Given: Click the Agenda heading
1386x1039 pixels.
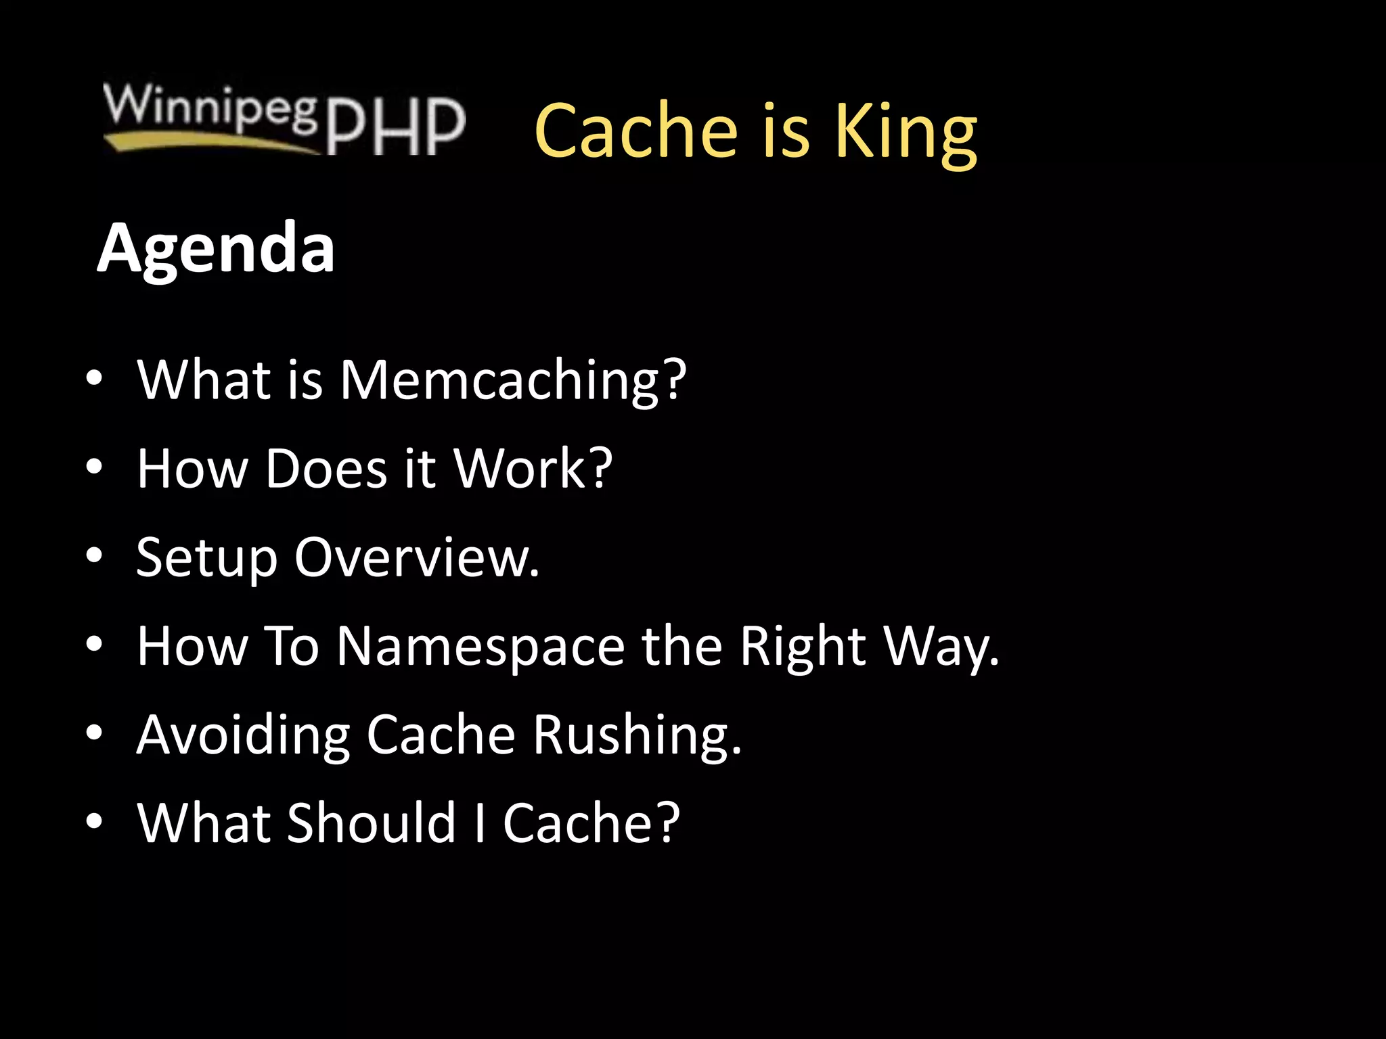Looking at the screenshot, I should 216,249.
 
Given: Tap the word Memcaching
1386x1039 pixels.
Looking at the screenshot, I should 499,380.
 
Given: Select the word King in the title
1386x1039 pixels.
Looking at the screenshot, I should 906,131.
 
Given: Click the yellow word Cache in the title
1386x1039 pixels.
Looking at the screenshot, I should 635,131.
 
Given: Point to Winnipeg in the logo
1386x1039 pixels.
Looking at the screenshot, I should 210,107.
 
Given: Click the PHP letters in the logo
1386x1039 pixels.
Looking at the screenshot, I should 396,126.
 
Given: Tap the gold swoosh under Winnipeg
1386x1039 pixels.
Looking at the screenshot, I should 203,141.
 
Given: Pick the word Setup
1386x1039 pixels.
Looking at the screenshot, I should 207,558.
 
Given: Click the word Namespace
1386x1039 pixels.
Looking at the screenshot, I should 480,647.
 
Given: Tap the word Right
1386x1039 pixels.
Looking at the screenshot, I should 803,647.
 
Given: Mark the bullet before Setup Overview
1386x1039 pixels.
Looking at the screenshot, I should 94,556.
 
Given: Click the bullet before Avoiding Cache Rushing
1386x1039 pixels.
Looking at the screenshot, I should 94,733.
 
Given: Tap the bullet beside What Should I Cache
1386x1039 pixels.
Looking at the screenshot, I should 94,821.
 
